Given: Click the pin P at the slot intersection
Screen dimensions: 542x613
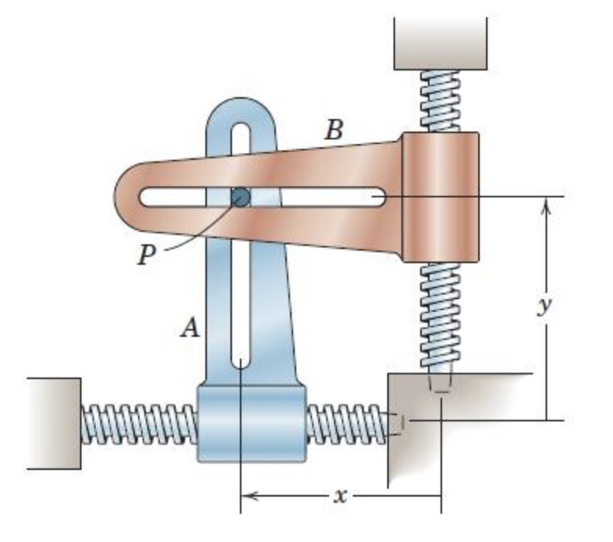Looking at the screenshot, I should [x=241, y=197].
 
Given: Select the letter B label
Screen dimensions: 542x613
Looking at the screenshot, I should [x=334, y=130].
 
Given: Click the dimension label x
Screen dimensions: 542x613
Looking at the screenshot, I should [x=339, y=495].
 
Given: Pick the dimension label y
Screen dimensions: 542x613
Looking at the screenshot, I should [x=544, y=305].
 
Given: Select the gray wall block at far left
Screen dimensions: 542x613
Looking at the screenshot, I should [x=53, y=423].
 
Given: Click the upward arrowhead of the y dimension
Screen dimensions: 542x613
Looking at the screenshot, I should [x=546, y=204].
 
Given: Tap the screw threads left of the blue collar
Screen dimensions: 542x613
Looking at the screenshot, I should [x=138, y=423].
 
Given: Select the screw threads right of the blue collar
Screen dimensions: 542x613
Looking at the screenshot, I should [x=345, y=423].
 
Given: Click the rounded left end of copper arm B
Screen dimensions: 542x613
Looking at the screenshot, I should [x=130, y=196].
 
